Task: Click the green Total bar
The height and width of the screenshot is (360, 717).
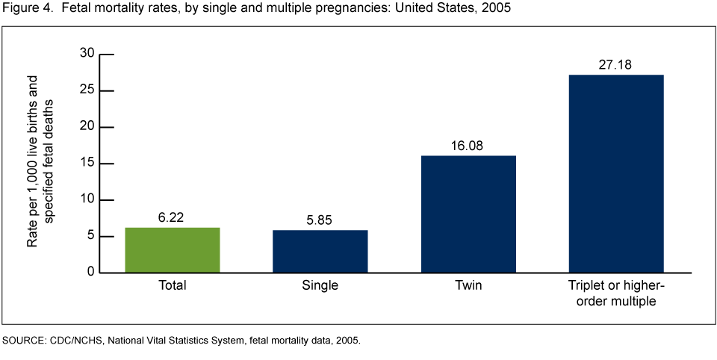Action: tap(173, 250)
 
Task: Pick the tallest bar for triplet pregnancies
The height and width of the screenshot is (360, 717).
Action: tap(616, 173)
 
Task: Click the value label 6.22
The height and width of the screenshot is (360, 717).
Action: tap(173, 217)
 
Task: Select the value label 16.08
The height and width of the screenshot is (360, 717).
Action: tap(468, 145)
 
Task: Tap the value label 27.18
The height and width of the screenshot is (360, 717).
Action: tap(616, 64)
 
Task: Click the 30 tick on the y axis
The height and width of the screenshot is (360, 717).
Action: tap(88, 54)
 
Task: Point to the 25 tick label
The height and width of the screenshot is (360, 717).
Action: tap(88, 90)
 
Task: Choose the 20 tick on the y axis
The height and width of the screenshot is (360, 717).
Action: tap(88, 127)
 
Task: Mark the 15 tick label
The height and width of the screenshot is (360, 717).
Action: tap(88, 163)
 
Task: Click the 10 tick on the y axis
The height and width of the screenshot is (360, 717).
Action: tap(88, 199)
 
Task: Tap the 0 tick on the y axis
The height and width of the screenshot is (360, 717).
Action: tap(91, 273)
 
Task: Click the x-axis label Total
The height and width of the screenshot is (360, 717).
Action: tap(173, 285)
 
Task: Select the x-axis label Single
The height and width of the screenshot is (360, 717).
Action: tap(320, 285)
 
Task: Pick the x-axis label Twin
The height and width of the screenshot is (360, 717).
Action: tap(468, 285)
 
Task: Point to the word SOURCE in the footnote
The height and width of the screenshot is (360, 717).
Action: tap(22, 341)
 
